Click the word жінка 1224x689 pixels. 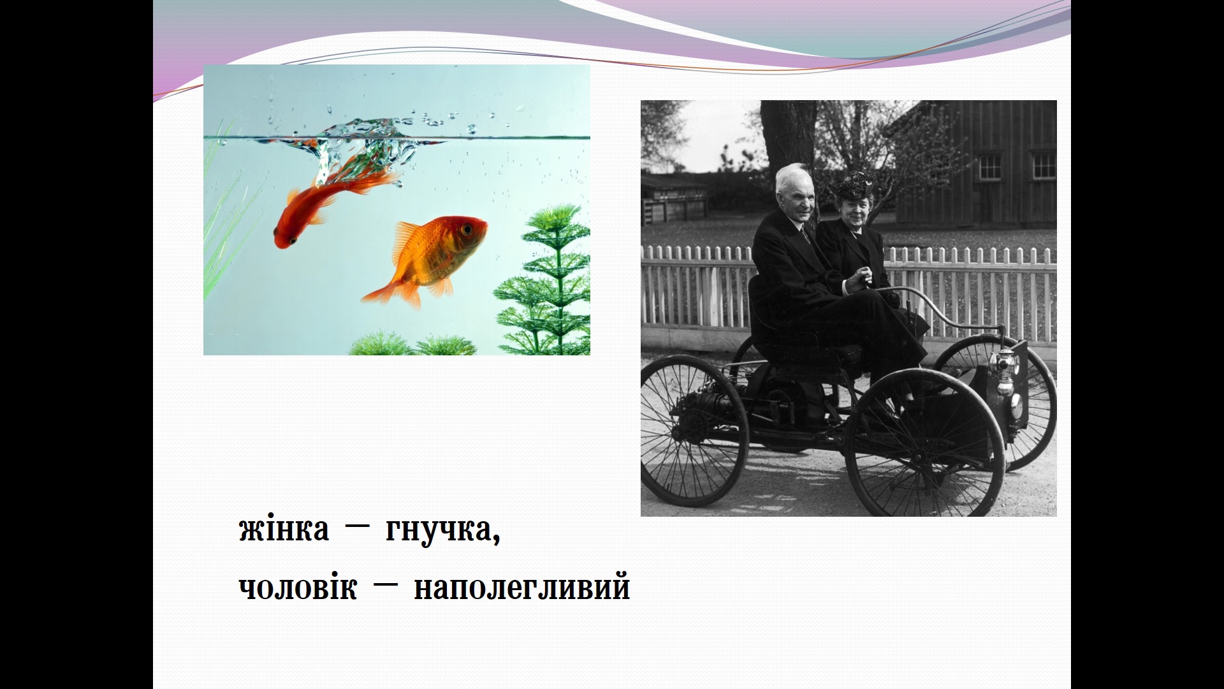click(x=284, y=530)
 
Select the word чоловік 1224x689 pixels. click(x=298, y=587)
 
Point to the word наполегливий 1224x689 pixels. click(x=522, y=587)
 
